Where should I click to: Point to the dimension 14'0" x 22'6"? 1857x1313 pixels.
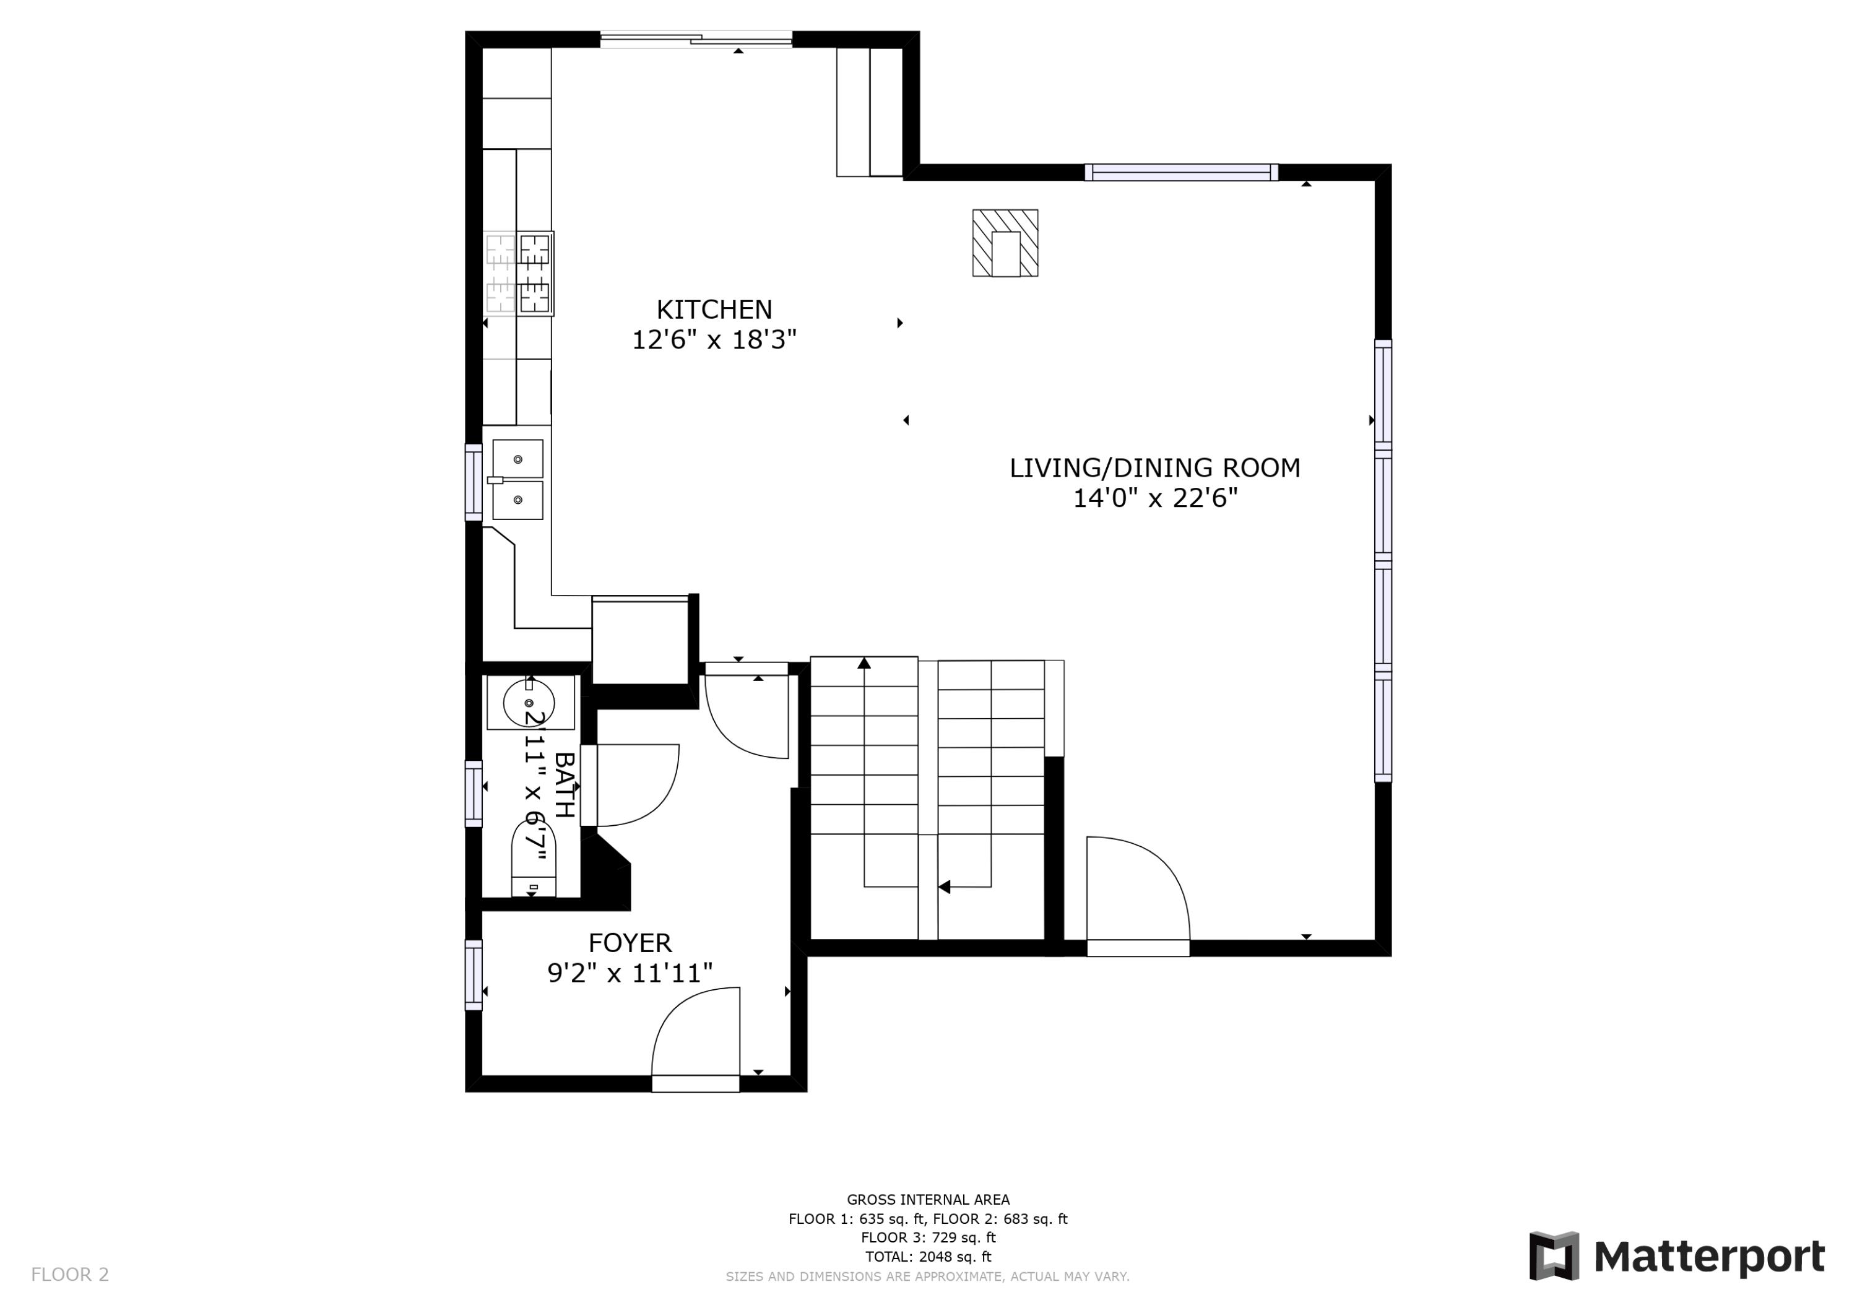1154,498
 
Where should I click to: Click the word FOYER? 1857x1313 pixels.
630,942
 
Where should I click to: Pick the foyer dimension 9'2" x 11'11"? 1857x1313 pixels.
630,973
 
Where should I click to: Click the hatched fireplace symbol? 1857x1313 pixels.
1005,243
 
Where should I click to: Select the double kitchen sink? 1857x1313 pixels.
517,480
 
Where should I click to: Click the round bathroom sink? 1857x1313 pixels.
529,702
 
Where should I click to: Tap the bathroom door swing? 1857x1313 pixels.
635,785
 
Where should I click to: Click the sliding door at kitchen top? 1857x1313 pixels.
696,40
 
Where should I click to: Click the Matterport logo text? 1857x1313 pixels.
1709,1257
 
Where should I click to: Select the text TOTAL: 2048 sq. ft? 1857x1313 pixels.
928,1257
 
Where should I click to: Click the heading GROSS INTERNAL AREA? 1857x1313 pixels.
928,1200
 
